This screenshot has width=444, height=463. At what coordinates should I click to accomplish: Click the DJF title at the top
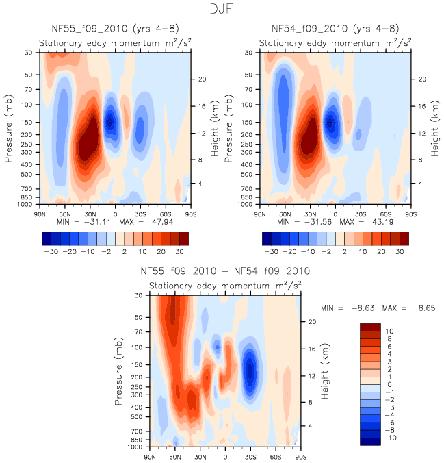[x=222, y=10]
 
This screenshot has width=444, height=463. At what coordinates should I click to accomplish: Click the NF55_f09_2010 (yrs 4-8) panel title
[x=115, y=29]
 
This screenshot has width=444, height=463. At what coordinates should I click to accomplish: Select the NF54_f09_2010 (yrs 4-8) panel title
[x=335, y=29]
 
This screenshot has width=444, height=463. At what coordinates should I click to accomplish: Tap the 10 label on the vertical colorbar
[x=390, y=330]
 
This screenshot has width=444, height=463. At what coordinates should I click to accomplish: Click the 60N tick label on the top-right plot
[x=285, y=213]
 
